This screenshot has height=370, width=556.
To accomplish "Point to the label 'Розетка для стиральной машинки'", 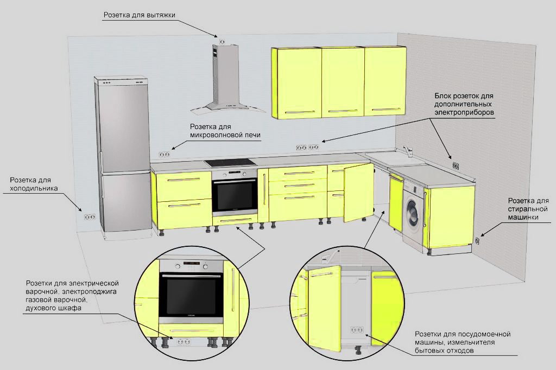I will [528, 209].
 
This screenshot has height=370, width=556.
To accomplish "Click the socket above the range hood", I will [222, 41].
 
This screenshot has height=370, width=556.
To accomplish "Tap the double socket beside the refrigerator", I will [90, 216].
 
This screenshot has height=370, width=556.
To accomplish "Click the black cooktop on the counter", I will [230, 162].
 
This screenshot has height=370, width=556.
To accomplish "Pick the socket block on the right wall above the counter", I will [456, 165].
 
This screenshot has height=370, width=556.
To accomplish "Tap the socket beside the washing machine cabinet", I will [477, 240].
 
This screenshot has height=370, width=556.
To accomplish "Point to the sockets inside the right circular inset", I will [357, 329].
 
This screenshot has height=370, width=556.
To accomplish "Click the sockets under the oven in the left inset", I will [183, 341].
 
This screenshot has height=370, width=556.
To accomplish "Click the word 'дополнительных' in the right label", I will [463, 104].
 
